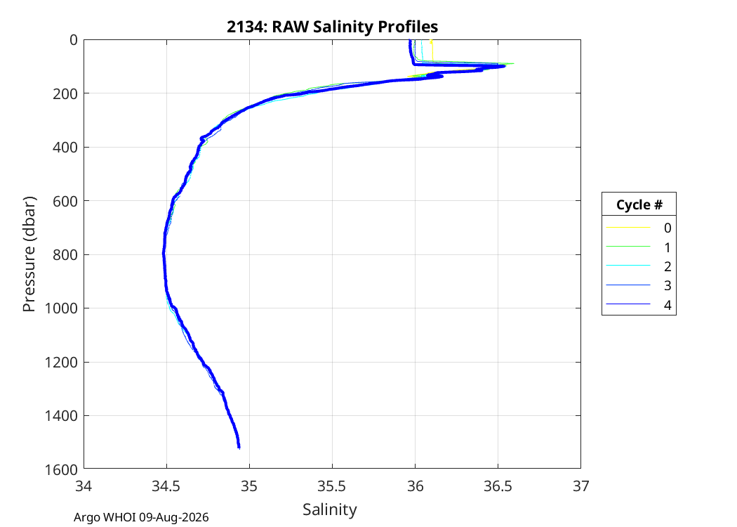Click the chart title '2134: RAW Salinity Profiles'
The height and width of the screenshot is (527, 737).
(332, 27)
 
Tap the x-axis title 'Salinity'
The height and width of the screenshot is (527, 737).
(329, 509)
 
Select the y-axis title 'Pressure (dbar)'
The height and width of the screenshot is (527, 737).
(29, 254)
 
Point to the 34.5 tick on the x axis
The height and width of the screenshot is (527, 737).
(166, 486)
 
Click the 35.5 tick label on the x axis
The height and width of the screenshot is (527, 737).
(332, 486)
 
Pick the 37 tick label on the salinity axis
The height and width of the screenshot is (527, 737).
(581, 486)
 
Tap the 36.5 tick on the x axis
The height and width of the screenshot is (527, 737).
(498, 486)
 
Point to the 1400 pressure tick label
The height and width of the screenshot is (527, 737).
(63, 416)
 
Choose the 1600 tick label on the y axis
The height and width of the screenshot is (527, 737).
(63, 469)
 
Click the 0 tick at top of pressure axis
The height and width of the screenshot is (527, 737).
(74, 40)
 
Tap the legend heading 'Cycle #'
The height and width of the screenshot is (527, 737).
(639, 204)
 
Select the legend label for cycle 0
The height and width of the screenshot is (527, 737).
(668, 228)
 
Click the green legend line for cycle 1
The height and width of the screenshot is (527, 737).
(628, 246)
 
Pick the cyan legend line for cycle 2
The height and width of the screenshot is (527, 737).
(628, 266)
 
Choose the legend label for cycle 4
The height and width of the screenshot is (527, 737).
(668, 306)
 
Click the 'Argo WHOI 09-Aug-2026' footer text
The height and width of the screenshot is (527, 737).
(141, 518)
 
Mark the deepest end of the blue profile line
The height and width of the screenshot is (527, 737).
(239, 448)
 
